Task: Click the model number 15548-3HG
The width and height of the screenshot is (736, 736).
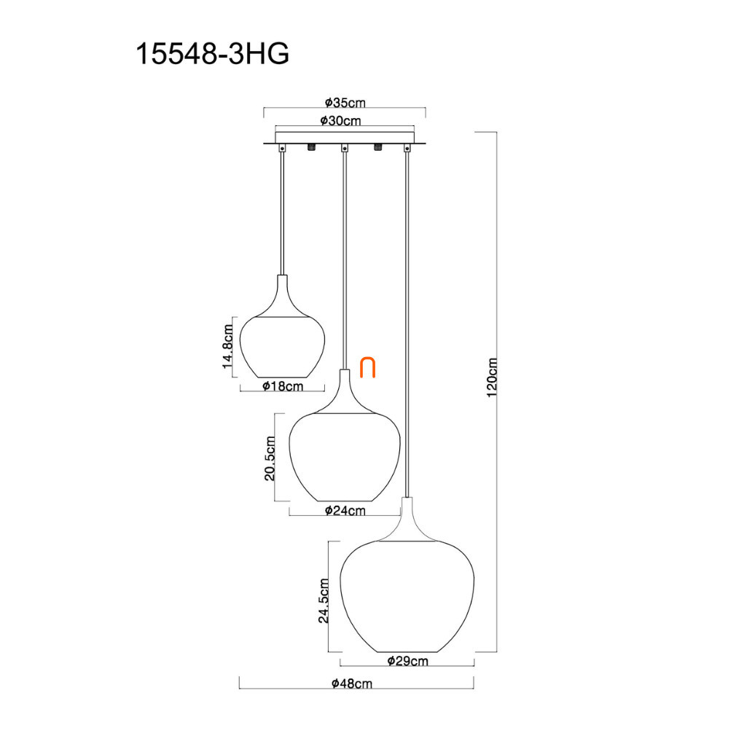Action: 212,54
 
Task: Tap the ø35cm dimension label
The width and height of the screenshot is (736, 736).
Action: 345,102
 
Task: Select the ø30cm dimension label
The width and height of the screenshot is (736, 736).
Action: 341,121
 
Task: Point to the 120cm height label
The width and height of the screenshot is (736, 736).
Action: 491,377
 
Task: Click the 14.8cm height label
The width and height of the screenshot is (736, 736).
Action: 227,346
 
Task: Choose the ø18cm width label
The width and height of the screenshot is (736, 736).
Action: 283,385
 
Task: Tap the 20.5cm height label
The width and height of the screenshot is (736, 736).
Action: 270,458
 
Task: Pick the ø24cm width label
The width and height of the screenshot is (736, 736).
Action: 345,510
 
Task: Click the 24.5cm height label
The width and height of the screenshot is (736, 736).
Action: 324,600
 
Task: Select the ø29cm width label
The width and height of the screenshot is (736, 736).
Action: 407,661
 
